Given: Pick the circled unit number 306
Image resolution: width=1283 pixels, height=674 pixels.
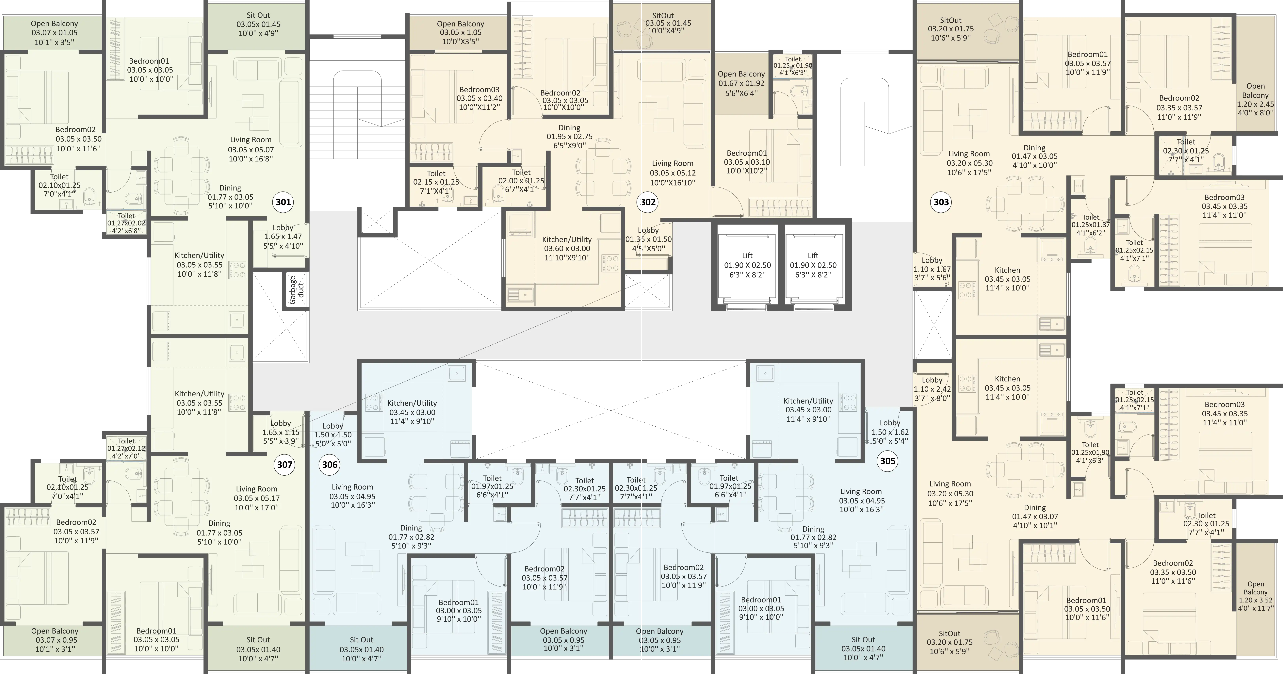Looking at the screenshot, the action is [x=330, y=465].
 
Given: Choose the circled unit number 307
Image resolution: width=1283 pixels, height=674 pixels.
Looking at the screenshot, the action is [x=285, y=465].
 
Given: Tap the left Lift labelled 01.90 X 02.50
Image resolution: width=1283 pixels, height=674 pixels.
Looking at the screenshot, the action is [x=747, y=265].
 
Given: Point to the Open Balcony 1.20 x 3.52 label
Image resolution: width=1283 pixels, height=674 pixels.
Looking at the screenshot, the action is [x=1255, y=596].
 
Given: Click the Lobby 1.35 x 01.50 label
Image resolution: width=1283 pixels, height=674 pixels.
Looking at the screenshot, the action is [x=648, y=239].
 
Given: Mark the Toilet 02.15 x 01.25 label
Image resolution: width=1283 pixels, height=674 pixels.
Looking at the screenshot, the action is [x=436, y=182].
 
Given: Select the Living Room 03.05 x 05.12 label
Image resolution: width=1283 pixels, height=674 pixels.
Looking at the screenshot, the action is [x=673, y=173].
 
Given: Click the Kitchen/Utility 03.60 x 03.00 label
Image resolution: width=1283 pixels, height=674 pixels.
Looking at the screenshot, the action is [x=567, y=249].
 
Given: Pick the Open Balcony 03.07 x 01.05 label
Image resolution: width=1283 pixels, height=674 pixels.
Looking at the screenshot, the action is [x=54, y=33].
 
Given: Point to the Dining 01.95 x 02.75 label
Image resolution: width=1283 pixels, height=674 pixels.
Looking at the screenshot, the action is [x=569, y=137].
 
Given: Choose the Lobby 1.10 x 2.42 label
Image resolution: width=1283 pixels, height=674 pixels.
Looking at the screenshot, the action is [x=932, y=389].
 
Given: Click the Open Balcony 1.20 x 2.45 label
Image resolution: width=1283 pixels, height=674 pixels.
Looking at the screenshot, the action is [x=1255, y=100].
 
